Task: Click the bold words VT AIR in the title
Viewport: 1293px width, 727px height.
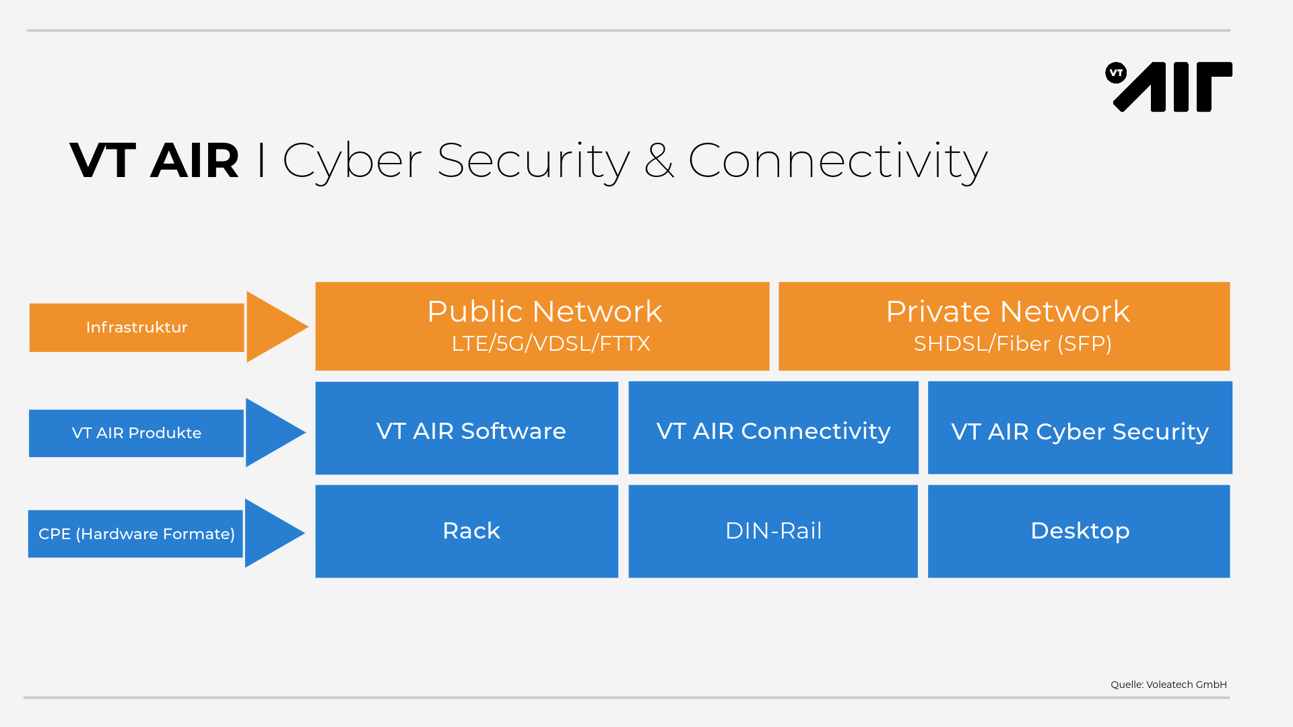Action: coord(154,161)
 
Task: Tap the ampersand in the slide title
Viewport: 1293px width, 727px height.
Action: coord(659,161)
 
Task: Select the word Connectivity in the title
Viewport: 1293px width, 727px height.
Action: coord(837,161)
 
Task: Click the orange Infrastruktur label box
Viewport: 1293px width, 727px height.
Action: coord(137,327)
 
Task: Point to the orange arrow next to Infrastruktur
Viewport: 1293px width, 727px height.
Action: coord(273,327)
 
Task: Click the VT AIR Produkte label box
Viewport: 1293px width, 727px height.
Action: coord(136,433)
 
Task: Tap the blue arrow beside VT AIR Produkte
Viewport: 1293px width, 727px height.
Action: coord(271,432)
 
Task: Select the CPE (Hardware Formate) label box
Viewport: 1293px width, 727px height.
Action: coord(135,534)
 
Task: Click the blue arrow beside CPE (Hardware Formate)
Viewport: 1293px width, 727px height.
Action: coord(271,533)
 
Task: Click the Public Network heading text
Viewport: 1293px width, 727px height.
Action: coord(544,312)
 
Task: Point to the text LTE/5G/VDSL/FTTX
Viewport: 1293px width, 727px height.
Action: coord(550,344)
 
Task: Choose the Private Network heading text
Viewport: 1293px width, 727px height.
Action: coord(1007,312)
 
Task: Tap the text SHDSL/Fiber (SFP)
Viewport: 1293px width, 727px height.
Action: coord(1012,344)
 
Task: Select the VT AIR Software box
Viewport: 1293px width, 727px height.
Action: coord(467,429)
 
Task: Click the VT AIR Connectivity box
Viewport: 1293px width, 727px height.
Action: coord(773,429)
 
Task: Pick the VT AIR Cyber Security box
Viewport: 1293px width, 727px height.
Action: coord(1080,429)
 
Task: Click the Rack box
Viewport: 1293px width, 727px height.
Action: coord(467,531)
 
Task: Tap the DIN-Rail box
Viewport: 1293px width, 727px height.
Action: coord(773,531)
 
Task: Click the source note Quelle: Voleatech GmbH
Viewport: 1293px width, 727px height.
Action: coord(1168,685)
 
